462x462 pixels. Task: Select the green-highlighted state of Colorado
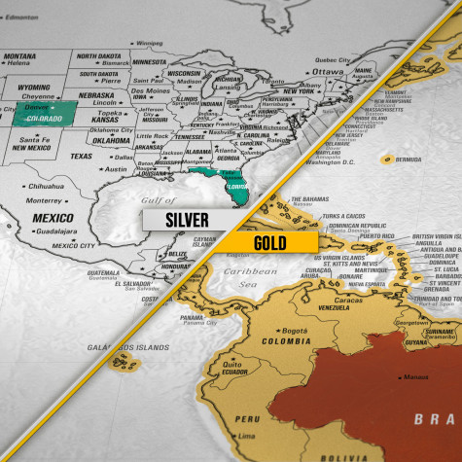(x=41, y=117)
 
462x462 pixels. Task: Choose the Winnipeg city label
(x=149, y=44)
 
